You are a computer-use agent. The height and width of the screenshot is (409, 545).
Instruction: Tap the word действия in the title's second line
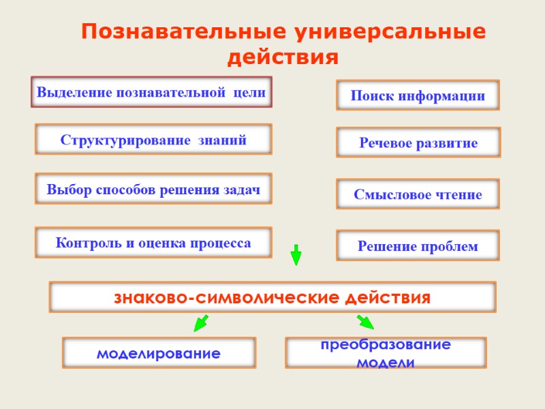pos(282,57)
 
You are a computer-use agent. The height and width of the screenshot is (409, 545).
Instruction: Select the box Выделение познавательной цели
pos(151,92)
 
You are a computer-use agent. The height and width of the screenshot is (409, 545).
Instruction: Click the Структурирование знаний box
pos(153,140)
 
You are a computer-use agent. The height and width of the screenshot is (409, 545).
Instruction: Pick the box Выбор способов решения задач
pos(153,189)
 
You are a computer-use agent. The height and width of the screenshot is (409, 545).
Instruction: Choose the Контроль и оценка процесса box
pos(153,243)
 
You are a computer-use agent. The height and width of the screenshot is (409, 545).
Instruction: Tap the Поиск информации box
pos(418,95)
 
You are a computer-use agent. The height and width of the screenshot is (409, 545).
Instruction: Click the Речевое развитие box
pos(418,143)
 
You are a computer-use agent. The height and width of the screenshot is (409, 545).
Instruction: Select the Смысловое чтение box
pos(418,194)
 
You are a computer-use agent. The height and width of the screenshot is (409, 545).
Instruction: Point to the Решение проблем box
pos(418,245)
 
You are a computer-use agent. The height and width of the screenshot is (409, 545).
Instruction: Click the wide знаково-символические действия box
pos(272,298)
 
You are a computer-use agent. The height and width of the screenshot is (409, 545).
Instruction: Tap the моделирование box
pos(159,353)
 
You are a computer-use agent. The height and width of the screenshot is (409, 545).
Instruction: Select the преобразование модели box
pos(385,353)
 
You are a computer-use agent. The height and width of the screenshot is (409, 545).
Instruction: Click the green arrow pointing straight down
pos(296,254)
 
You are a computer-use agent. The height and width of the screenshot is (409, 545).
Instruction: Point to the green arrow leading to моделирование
pos(200,323)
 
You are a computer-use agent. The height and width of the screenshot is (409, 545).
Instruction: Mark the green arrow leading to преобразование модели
pos(365,322)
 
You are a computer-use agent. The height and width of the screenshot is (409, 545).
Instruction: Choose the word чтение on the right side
pos(456,194)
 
